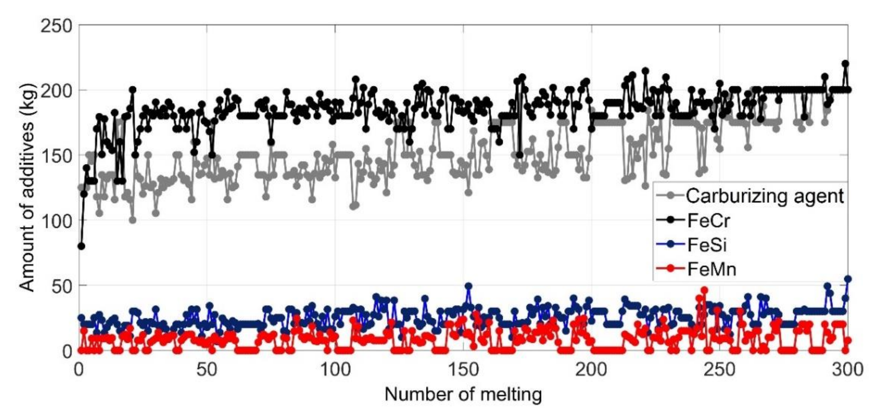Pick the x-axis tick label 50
click(207, 370)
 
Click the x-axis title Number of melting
click(463, 394)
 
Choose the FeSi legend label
click(707, 245)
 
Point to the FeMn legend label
click(712, 269)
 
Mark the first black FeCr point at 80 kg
click(81, 246)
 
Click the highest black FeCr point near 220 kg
click(845, 64)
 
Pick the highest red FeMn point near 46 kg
click(704, 290)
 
